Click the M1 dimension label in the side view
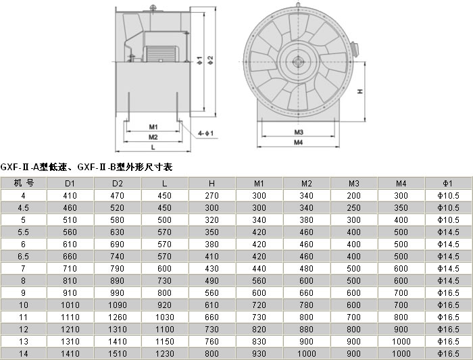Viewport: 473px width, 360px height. [x=153, y=127]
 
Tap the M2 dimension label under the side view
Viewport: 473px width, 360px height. [x=153, y=137]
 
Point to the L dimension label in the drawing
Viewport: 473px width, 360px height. [x=153, y=147]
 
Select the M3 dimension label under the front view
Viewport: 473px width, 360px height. [x=299, y=132]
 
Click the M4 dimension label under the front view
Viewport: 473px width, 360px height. [x=299, y=143]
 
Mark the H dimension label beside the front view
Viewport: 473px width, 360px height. [x=360, y=91]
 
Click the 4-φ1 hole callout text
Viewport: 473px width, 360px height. [x=205, y=133]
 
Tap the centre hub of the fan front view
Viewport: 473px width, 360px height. [x=299, y=62]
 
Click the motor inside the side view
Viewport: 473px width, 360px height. [x=160, y=53]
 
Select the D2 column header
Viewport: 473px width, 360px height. [x=118, y=183]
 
